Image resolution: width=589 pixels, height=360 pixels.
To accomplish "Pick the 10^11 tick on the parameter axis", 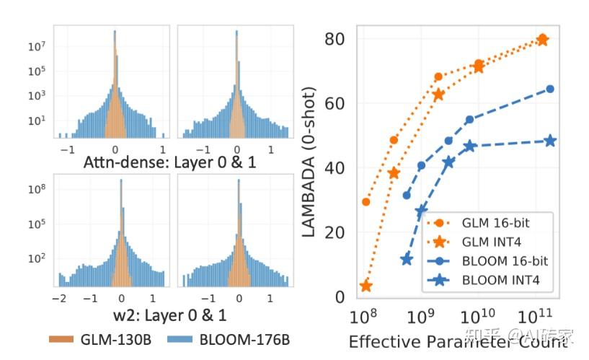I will pyautogui.click(x=534, y=317).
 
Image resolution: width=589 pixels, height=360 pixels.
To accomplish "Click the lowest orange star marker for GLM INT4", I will pyautogui.click(x=366, y=286).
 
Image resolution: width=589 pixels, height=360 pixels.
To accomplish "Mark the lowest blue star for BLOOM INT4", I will pyautogui.click(x=407, y=259).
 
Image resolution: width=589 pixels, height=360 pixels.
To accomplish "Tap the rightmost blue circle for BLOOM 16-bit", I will pyautogui.click(x=550, y=89).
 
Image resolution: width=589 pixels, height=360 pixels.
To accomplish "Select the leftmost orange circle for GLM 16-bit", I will pyautogui.click(x=366, y=201).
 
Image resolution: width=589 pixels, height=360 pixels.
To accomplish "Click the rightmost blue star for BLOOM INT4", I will pyautogui.click(x=550, y=141).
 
